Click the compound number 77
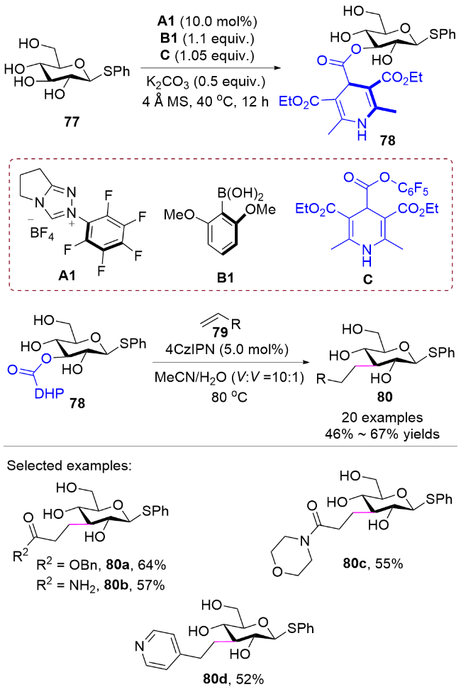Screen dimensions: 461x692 (72, 121)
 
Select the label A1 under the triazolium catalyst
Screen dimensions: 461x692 (67, 276)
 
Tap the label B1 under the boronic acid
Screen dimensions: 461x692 (225, 278)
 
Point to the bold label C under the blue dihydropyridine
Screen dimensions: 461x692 (367, 280)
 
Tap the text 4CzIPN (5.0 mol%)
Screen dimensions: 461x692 (227, 349)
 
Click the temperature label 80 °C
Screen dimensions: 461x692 (229, 396)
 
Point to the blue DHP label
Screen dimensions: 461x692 (50, 394)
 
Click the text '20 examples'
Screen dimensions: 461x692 (382, 417)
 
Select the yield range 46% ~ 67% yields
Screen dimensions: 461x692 (382, 434)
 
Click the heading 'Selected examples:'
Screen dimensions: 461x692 (70, 466)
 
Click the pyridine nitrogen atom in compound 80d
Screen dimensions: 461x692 (140, 647)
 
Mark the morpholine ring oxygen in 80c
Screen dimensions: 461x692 (277, 573)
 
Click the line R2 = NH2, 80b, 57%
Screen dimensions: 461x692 (101, 586)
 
